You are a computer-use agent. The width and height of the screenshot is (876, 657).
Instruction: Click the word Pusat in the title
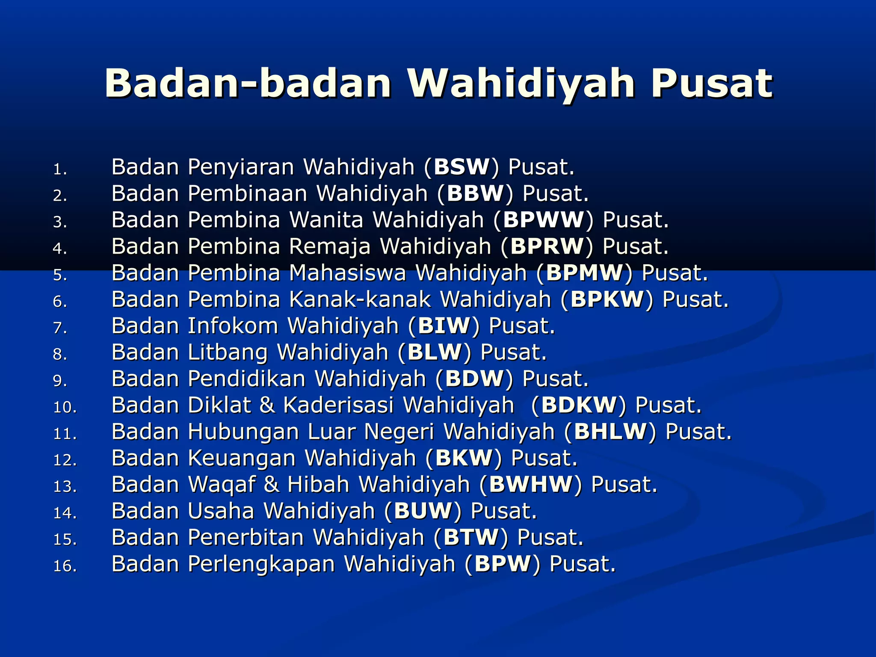(711, 83)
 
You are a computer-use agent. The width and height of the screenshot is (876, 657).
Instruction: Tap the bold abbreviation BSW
(462, 167)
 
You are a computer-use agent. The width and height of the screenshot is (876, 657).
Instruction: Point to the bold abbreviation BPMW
(585, 273)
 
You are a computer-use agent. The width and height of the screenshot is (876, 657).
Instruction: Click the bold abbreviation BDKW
(579, 405)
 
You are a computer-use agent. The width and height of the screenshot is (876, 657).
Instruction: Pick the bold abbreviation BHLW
(610, 432)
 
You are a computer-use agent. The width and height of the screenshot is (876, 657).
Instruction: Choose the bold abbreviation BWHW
(530, 485)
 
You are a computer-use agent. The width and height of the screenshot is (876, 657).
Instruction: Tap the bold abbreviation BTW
(471, 538)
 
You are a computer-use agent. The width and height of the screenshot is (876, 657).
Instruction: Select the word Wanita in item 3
(326, 220)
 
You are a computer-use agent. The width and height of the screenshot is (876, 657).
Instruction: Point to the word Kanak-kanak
(360, 299)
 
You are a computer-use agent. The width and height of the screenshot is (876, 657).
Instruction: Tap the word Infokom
(233, 326)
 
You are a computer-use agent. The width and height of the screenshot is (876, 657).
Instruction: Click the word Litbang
(228, 353)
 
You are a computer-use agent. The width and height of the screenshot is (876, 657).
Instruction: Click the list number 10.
(65, 407)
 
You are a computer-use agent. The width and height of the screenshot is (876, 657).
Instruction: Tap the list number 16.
(65, 566)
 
